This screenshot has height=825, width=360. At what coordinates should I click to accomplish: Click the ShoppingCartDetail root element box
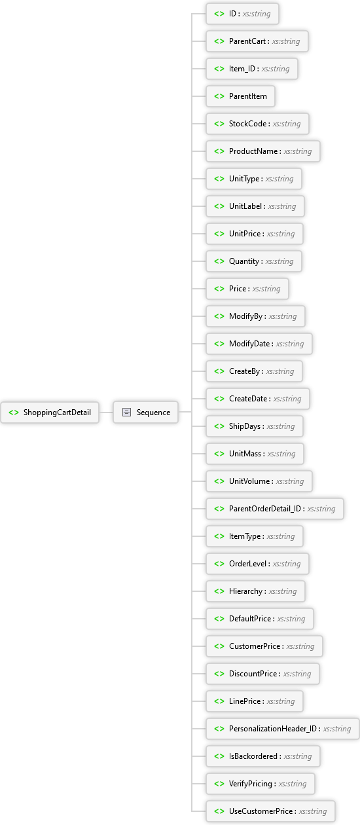[50, 412]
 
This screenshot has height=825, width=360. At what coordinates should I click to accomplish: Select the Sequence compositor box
[146, 412]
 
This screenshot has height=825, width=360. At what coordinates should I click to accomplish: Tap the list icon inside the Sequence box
[126, 412]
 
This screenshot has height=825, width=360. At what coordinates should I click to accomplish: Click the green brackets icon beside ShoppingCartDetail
[14, 412]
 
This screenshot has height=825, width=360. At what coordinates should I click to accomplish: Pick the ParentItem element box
[240, 96]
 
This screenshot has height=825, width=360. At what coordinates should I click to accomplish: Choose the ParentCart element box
[257, 41]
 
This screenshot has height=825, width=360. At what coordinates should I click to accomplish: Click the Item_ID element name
[242, 69]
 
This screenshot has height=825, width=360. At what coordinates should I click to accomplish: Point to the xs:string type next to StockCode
[287, 124]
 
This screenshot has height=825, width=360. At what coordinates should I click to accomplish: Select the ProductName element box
[263, 151]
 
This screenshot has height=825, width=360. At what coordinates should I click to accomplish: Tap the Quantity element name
[243, 261]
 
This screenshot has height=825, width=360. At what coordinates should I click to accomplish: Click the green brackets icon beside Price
[219, 289]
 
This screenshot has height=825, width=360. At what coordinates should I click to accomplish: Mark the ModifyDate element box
[259, 344]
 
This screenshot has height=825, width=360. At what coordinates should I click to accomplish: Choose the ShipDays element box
[255, 426]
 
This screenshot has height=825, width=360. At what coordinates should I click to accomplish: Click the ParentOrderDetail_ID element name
[265, 509]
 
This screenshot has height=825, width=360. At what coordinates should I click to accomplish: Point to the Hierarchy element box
[255, 591]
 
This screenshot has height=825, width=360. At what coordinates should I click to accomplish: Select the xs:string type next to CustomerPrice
[300, 646]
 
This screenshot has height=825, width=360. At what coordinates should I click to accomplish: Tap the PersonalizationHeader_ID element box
[283, 729]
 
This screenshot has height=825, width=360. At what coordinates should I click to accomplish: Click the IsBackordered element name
[253, 756]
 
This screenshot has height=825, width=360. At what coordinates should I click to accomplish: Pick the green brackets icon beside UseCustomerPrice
[219, 811]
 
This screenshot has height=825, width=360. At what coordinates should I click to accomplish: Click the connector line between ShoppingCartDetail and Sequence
[106, 412]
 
